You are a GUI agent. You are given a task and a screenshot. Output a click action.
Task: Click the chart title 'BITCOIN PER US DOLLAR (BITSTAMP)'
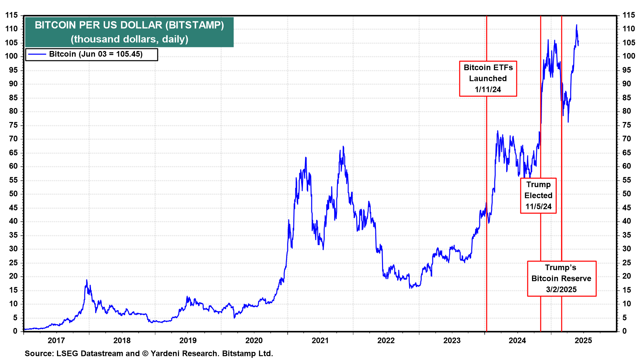click(129, 25)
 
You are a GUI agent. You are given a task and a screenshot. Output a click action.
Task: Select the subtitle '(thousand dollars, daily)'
click(129, 39)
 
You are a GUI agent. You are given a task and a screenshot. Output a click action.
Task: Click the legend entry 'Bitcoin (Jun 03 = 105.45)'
click(96, 54)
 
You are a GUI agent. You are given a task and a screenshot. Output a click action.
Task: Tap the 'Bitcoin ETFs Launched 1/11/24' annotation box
click(488, 79)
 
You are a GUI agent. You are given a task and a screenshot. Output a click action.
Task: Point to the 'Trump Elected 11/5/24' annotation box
click(538, 196)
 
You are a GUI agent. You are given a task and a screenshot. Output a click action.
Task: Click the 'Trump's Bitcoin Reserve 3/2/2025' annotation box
click(561, 279)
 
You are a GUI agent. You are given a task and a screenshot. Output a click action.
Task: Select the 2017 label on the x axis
click(56, 340)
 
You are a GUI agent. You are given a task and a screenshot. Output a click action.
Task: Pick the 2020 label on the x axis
click(254, 340)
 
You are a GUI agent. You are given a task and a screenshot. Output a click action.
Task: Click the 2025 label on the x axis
click(583, 340)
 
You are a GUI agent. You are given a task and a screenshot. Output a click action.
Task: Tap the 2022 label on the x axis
click(386, 340)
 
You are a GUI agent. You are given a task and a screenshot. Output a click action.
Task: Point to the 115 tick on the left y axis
click(11, 15)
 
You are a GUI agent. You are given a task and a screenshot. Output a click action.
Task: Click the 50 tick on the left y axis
click(13, 194)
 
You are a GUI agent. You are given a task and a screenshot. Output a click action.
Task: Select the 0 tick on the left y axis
click(15, 331)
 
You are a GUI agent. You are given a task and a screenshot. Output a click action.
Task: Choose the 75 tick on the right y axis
click(627, 125)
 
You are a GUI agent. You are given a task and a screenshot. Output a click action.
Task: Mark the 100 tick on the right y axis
click(629, 56)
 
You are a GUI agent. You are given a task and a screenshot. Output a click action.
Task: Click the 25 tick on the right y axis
click(627, 263)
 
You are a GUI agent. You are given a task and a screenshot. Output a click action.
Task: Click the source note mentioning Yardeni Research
click(149, 353)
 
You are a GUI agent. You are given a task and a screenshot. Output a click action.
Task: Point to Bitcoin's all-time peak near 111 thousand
click(577, 25)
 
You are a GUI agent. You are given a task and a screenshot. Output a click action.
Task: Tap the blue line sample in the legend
click(37, 54)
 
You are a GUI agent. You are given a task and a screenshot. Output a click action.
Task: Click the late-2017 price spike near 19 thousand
click(87, 280)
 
